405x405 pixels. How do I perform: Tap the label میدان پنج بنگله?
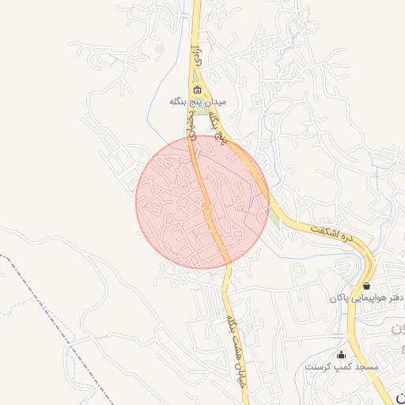198,102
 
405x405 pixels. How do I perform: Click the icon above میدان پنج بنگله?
198,89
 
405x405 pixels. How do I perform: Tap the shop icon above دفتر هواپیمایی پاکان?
366,286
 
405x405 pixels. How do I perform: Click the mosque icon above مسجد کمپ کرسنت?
342,355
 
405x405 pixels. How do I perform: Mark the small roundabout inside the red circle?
206,208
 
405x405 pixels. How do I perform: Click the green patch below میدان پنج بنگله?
202,112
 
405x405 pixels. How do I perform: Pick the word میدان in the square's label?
214,102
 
